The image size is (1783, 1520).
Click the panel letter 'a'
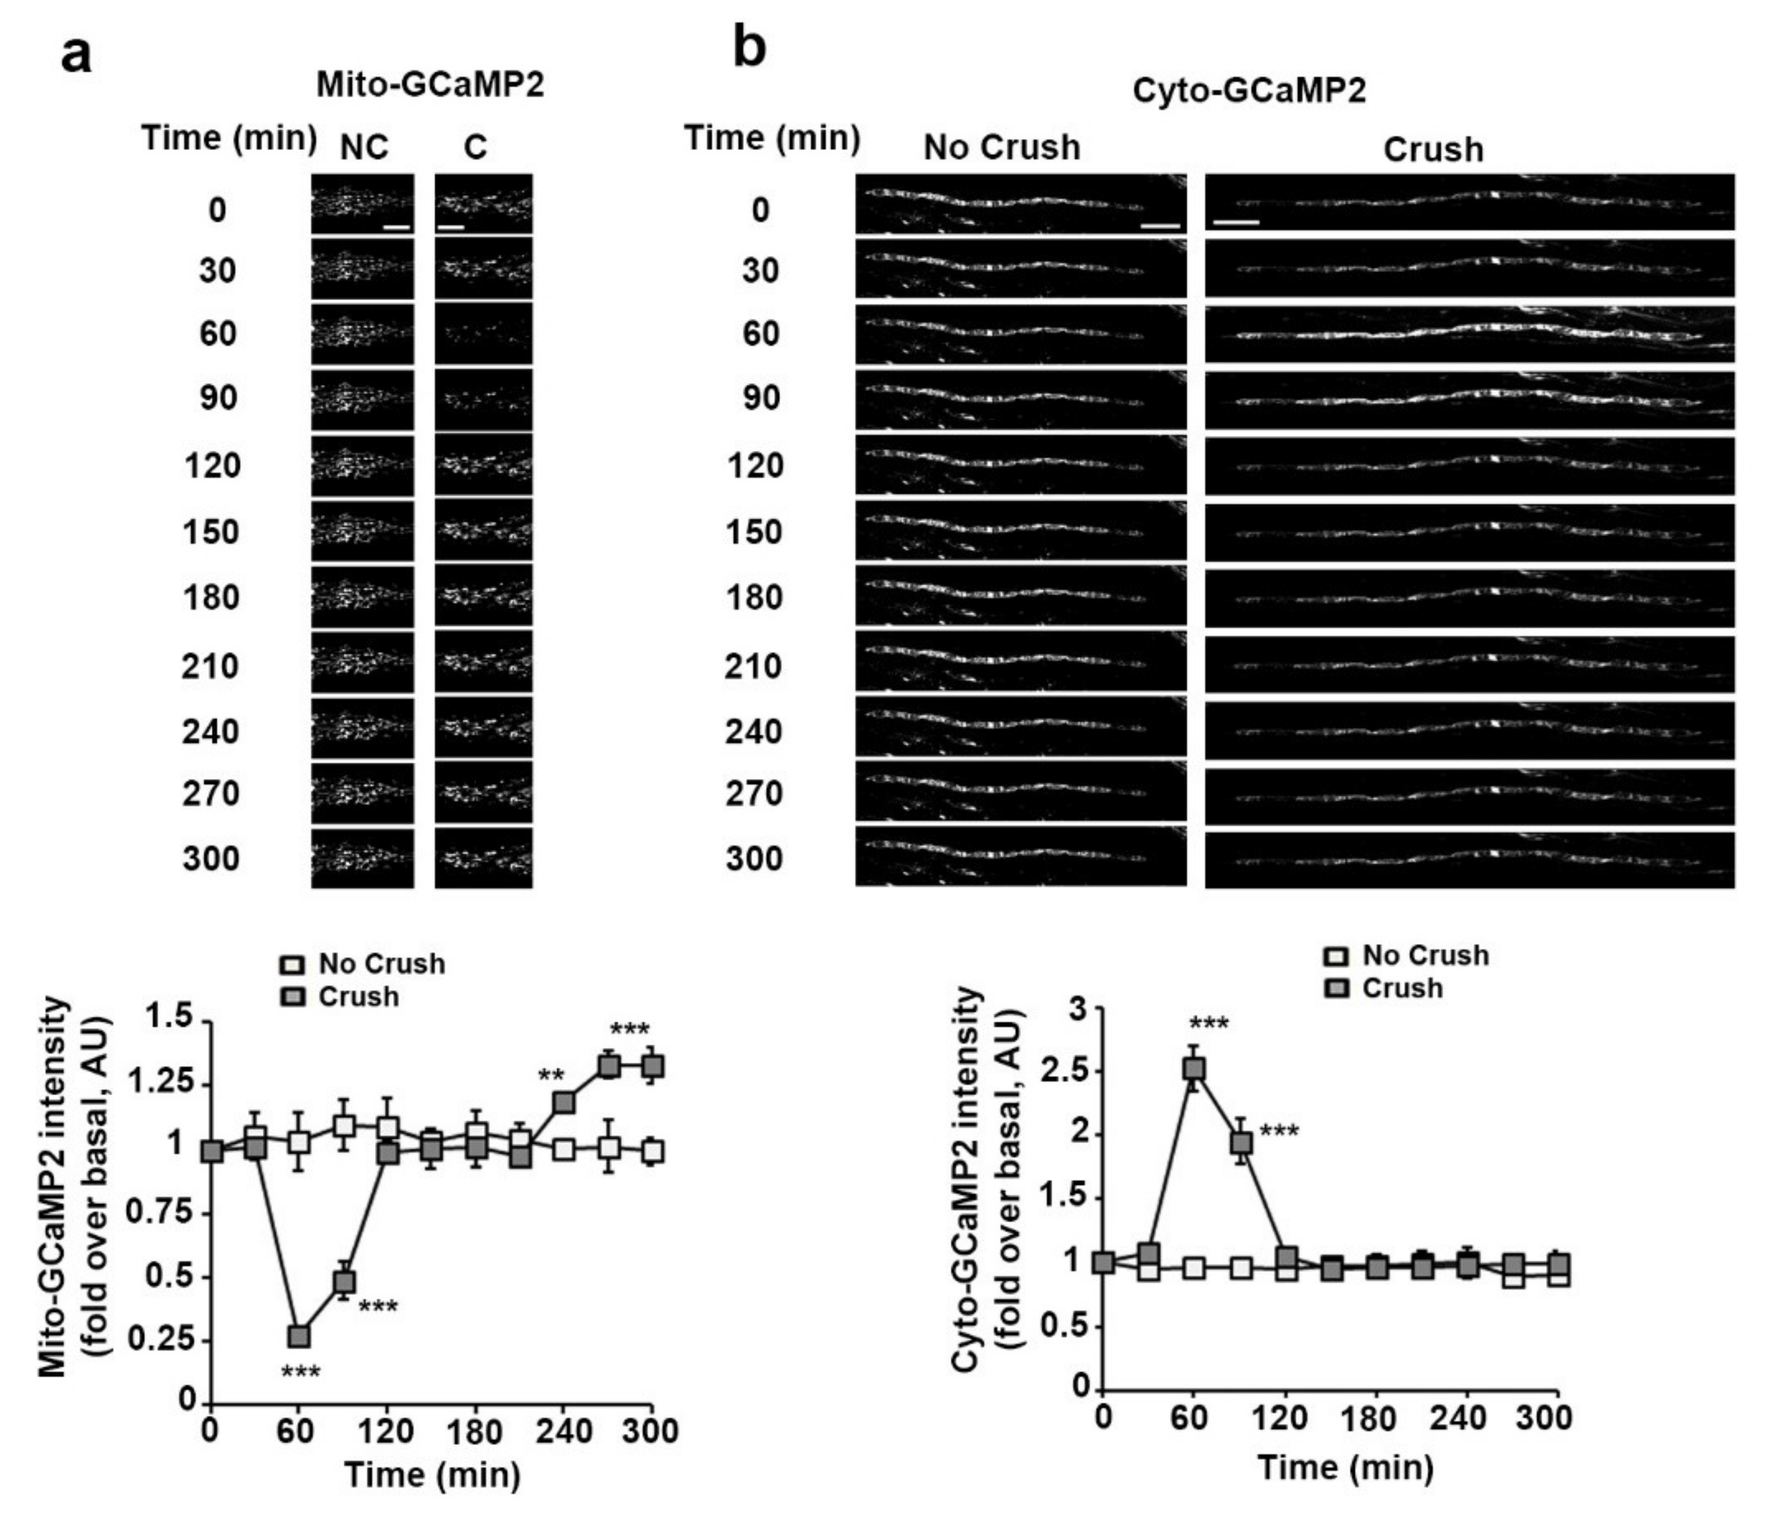[x=77, y=57]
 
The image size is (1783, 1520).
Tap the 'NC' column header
[x=364, y=148]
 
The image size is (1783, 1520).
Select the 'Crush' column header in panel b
[x=1433, y=150]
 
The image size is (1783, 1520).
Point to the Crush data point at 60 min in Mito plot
[x=299, y=1337]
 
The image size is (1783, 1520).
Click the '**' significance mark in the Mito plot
[x=551, y=1076]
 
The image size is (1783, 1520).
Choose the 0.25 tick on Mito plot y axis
[x=169, y=1340]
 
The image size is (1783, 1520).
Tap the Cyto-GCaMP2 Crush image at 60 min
[x=1469, y=334]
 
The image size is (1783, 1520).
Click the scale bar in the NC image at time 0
[x=397, y=228]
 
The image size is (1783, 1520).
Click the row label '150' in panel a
[x=211, y=532]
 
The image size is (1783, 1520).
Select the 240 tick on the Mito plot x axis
[x=564, y=1431]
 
